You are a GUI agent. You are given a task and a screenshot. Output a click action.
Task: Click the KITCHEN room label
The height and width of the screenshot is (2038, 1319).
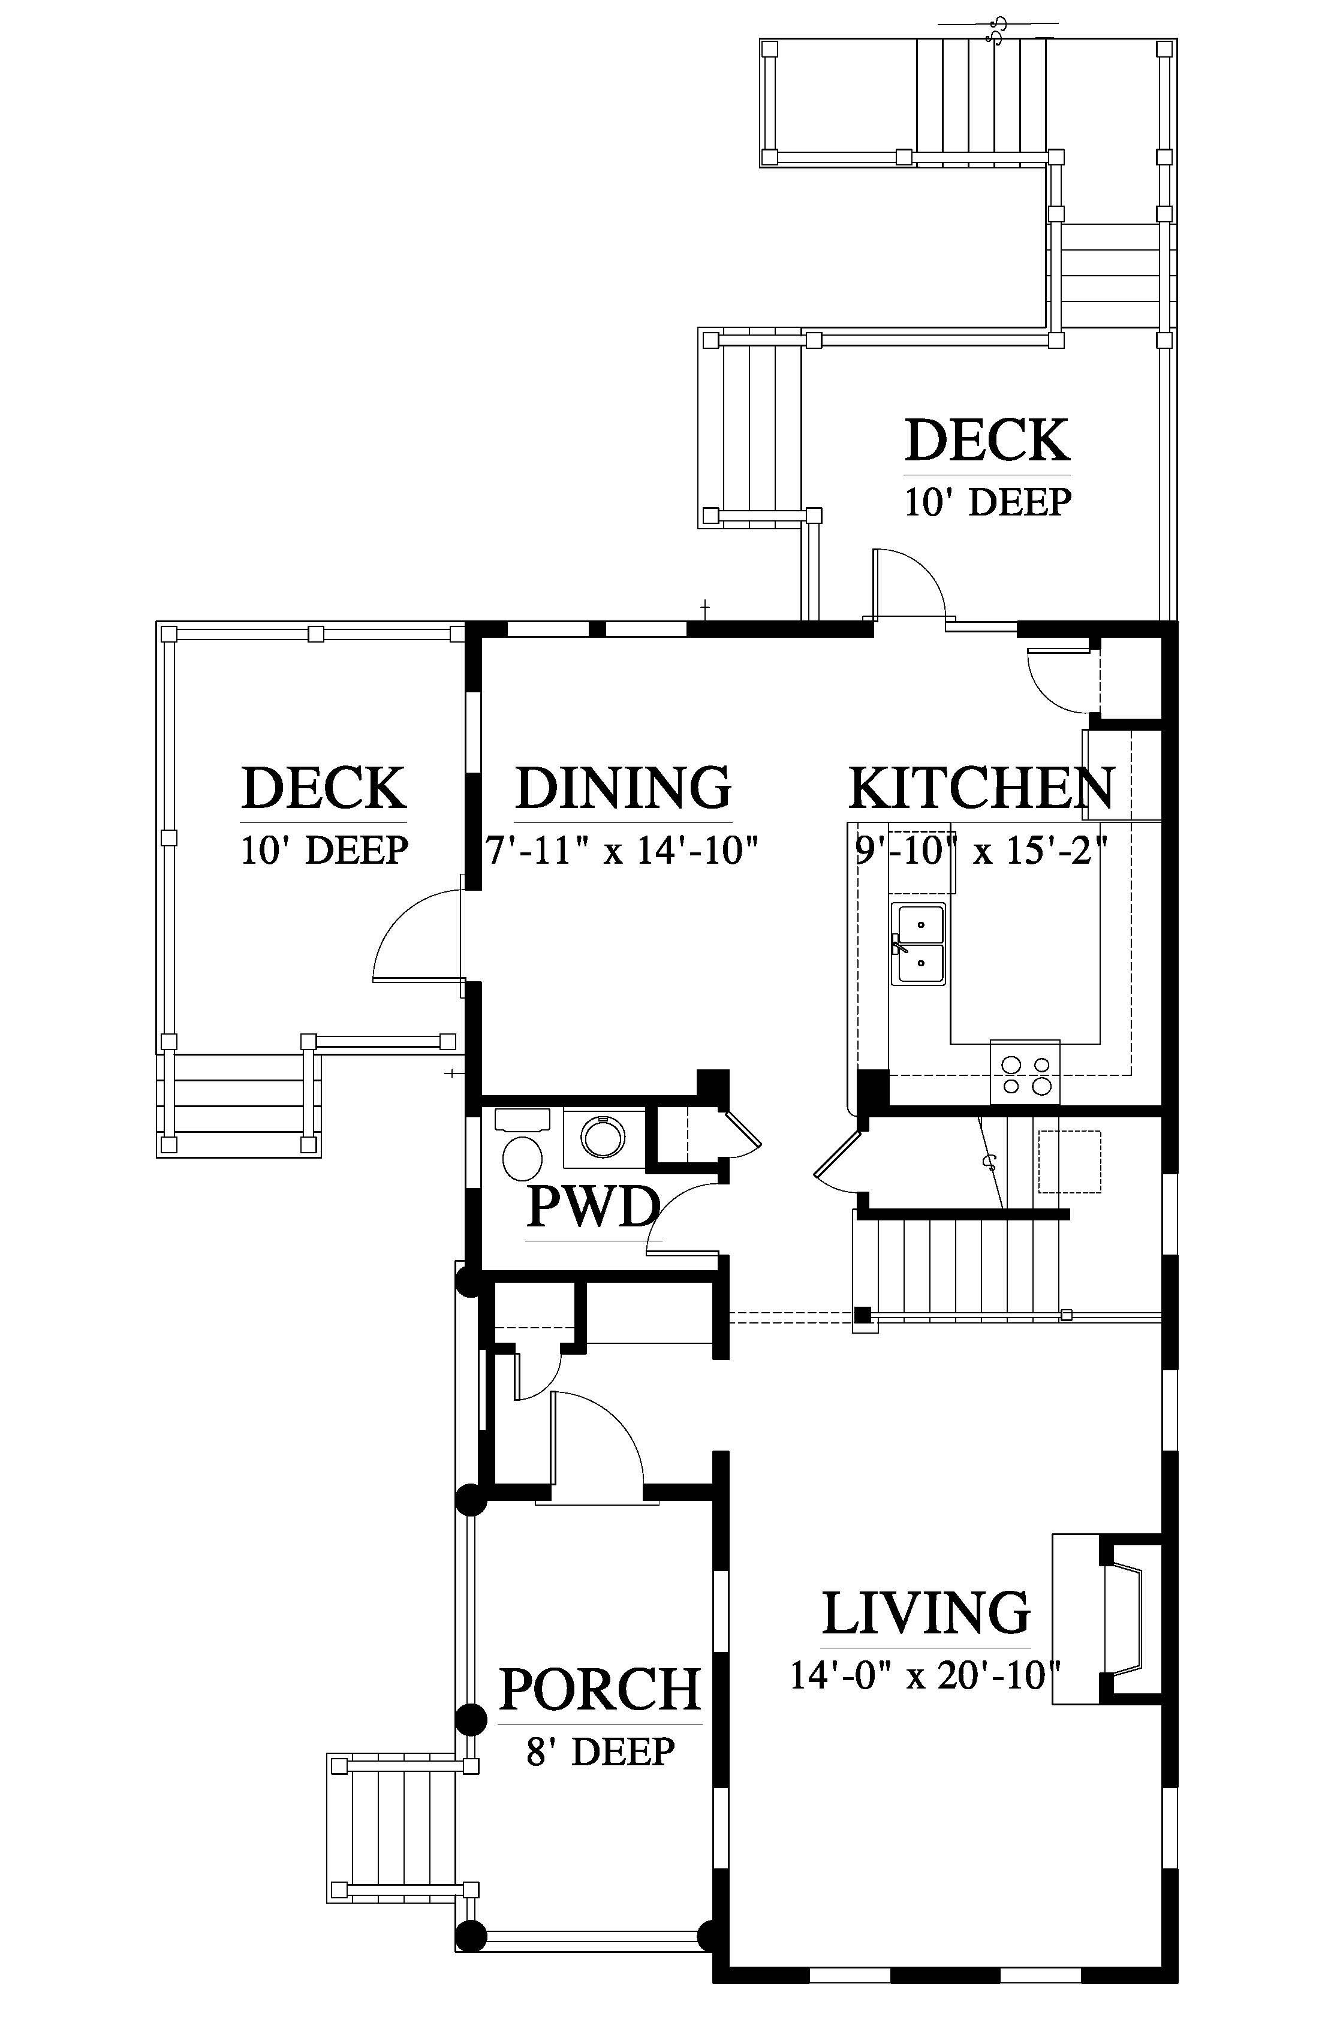981,789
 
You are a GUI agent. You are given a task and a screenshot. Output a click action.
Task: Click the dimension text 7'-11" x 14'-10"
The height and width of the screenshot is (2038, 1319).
623,851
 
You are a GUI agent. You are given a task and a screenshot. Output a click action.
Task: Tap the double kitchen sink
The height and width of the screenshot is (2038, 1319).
918,943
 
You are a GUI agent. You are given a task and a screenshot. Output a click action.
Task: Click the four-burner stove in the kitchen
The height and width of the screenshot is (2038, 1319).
1025,1073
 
